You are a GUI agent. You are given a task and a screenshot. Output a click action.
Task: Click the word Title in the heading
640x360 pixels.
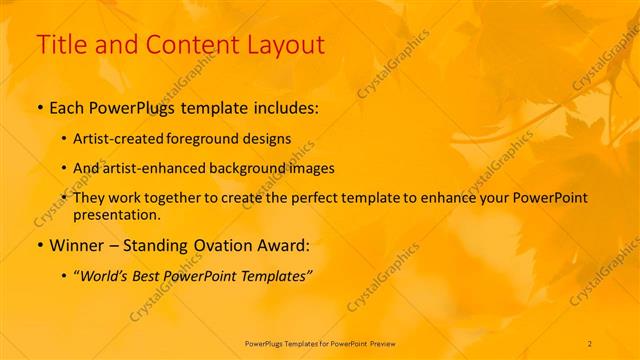coord(59,45)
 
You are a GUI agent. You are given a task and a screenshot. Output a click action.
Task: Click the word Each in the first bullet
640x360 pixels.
coord(68,106)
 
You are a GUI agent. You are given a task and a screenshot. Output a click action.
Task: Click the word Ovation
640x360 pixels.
coord(214,245)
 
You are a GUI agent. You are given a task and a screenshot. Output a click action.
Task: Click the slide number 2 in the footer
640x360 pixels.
coord(590,344)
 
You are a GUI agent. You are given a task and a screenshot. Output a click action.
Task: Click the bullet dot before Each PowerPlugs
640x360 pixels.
coord(40,107)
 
